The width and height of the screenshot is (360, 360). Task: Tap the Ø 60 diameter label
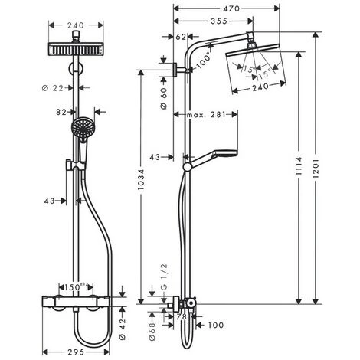click(x=163, y=97)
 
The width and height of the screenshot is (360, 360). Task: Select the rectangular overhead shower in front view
click(x=77, y=51)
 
